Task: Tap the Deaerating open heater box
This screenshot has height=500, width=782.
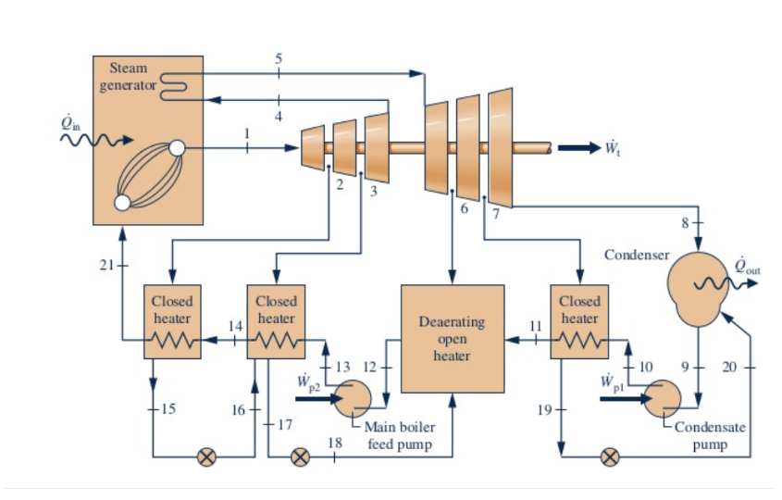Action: point(452,337)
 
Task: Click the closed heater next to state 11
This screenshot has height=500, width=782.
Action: point(579,320)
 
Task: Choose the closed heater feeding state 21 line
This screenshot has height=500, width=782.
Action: point(172,320)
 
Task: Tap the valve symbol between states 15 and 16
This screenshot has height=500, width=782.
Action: point(207,456)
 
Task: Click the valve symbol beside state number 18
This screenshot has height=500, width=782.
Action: point(300,456)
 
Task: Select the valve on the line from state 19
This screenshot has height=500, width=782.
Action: point(609,456)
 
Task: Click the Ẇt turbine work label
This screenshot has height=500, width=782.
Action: point(613,148)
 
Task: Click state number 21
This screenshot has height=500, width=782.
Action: point(106,266)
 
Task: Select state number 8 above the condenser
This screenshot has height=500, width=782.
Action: point(685,222)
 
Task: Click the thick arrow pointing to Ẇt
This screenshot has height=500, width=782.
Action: point(578,148)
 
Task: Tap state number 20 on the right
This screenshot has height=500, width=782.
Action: point(729,368)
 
